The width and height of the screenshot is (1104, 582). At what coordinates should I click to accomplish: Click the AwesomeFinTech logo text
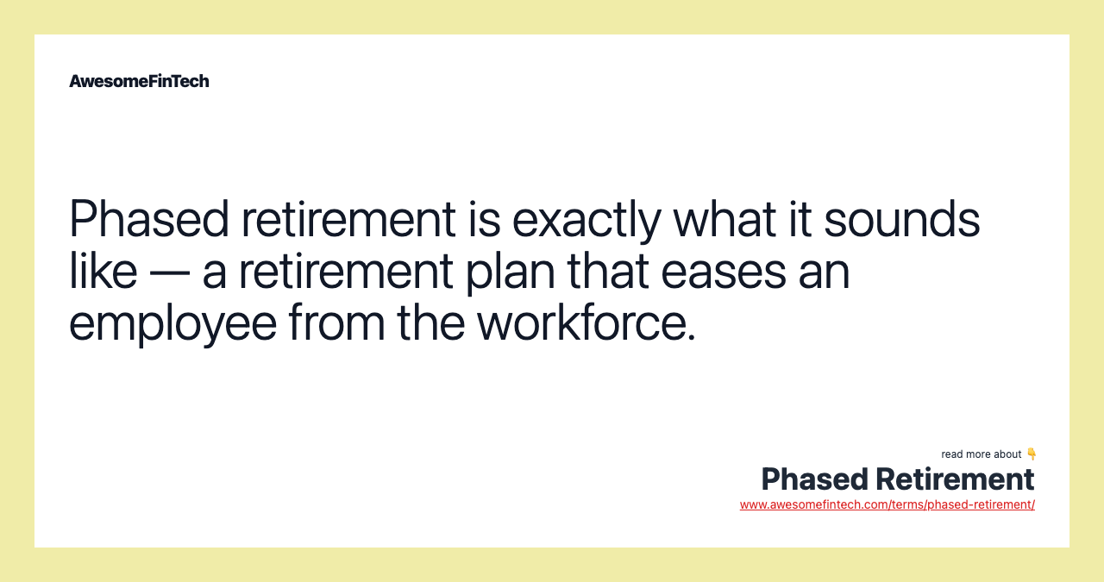[x=139, y=81]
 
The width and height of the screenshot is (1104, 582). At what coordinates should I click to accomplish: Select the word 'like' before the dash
[x=103, y=271]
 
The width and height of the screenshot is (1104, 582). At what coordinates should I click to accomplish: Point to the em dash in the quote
[x=169, y=272]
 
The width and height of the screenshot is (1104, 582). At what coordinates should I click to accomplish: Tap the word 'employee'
[x=172, y=323]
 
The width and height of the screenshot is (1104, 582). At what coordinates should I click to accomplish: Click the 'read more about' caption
[x=981, y=454]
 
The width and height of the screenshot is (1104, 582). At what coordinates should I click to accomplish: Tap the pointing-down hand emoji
[x=1031, y=454]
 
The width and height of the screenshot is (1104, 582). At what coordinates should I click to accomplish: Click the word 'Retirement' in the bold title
[x=955, y=479]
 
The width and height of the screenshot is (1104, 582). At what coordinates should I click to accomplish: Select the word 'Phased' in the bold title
[x=814, y=479]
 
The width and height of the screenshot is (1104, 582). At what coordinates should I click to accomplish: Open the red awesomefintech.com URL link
[x=887, y=504]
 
